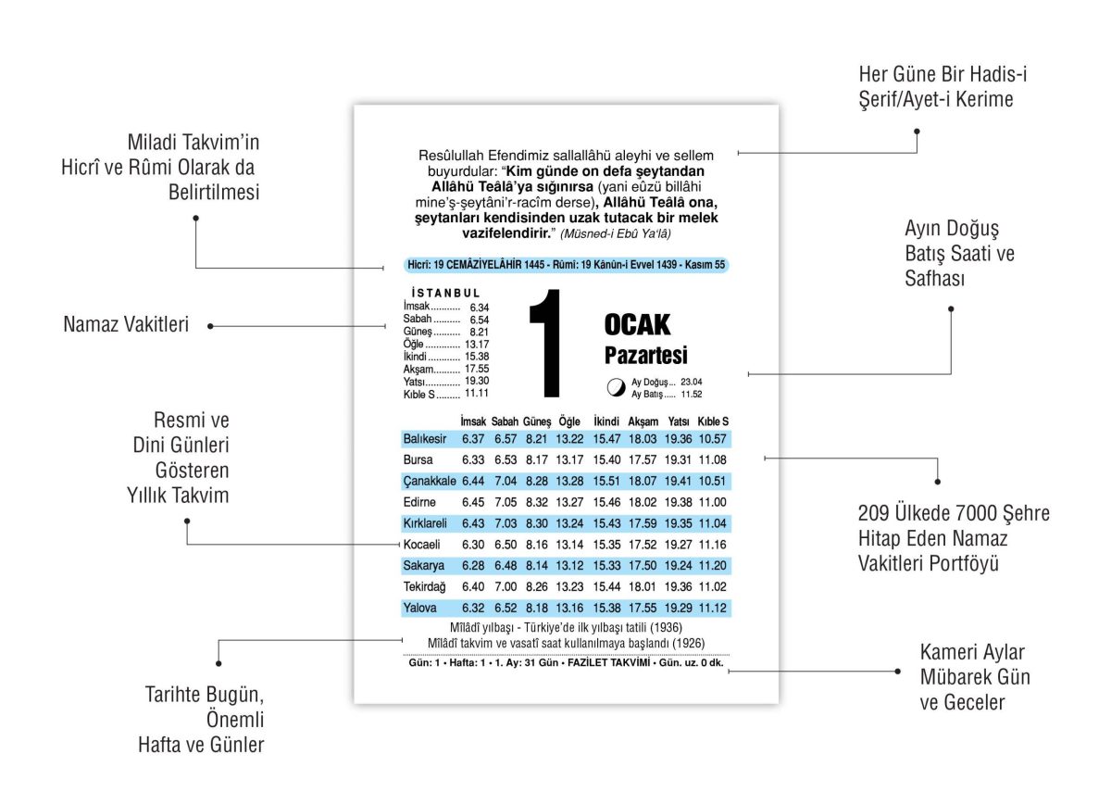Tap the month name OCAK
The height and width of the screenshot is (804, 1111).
[x=637, y=325]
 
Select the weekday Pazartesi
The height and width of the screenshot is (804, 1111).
[x=645, y=356]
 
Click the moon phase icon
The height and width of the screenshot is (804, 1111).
[x=615, y=387]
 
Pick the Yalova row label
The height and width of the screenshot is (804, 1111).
[x=419, y=609]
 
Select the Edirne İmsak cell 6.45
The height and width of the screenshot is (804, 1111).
[x=473, y=502]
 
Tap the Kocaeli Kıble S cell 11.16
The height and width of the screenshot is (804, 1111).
[x=712, y=545]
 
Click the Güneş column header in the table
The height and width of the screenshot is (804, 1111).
[x=537, y=421]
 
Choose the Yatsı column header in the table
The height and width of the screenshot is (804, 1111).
[x=679, y=421]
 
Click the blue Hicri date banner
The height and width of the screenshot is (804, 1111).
[x=566, y=266]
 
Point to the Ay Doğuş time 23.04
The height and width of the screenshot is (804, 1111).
[x=691, y=382]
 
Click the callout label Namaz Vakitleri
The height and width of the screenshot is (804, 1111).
[x=126, y=325]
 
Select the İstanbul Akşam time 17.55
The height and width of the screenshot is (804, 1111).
[x=477, y=369]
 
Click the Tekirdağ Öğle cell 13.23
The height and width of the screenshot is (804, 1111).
[x=569, y=587]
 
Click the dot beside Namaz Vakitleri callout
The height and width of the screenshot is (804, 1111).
[x=210, y=326]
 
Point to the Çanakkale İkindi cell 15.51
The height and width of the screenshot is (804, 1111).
[x=606, y=481]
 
